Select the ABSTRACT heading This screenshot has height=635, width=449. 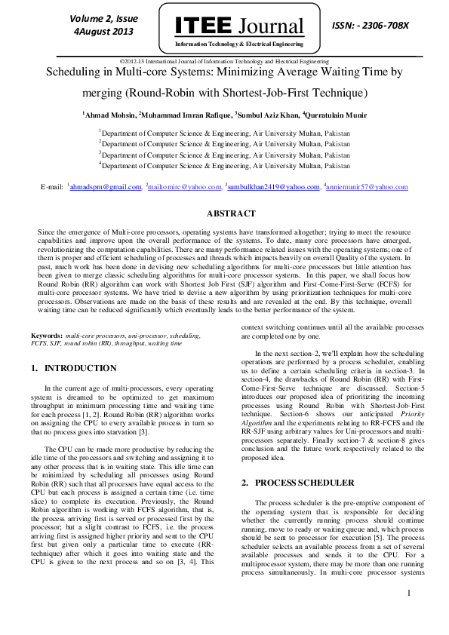click(x=224, y=214)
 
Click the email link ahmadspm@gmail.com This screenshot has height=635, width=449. click(x=106, y=186)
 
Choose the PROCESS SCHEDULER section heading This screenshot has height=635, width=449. click(x=299, y=482)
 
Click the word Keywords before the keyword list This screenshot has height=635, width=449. click(x=46, y=333)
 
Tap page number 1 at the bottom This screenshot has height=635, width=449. click(x=408, y=593)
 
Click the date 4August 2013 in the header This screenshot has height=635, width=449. click(x=103, y=32)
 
